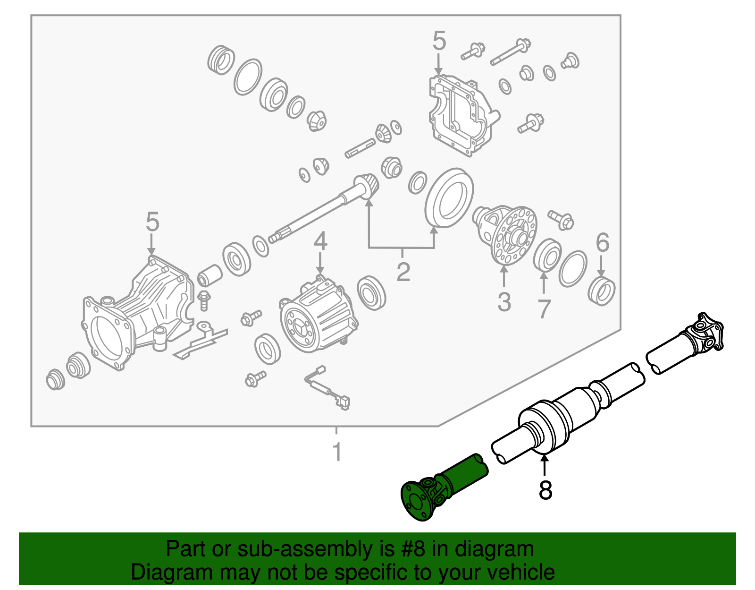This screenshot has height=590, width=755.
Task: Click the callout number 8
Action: (545, 490)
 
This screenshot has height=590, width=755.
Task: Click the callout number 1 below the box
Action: (336, 452)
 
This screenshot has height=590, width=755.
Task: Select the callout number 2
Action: (403, 271)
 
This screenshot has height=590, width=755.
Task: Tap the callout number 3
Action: (504, 302)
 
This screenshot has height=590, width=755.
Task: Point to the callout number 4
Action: (320, 241)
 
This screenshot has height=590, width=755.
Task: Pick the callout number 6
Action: (602, 243)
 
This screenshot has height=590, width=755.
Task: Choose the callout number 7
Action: (544, 309)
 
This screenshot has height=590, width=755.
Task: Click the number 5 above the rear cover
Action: (439, 41)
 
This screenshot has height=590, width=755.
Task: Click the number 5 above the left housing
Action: (152, 222)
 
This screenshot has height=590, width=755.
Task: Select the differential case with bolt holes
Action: (512, 234)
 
